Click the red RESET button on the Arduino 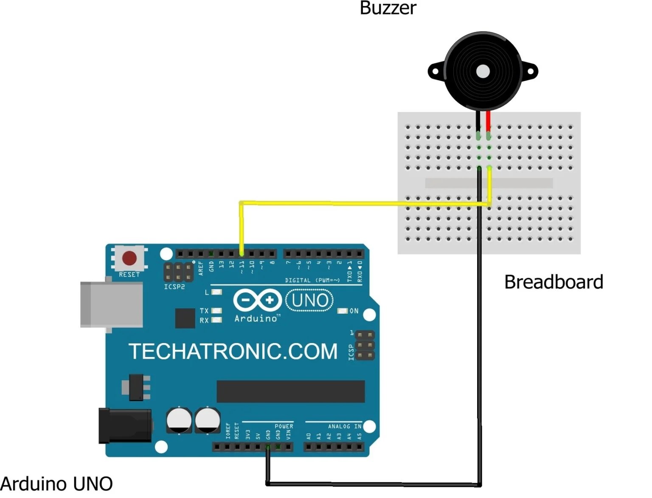(x=129, y=258)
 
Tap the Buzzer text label (x=388, y=8)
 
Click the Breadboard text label (x=553, y=282)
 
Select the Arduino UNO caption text (x=56, y=484)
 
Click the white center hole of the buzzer (x=483, y=72)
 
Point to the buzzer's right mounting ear (x=531, y=71)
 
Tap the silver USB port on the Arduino (x=111, y=304)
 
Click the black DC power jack (x=125, y=426)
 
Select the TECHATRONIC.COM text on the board (x=233, y=352)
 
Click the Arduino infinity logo (x=258, y=300)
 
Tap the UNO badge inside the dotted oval (x=310, y=300)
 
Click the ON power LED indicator (x=343, y=311)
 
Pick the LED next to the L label (x=216, y=292)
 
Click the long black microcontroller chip (x=290, y=391)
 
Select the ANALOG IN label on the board (x=344, y=426)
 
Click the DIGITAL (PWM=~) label (x=312, y=280)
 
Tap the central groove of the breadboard (x=489, y=183)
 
